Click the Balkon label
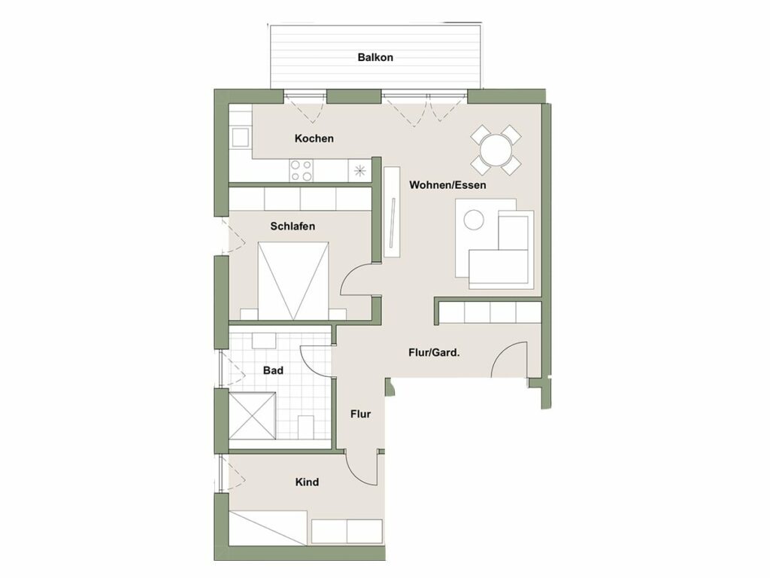375,57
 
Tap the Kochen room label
314,138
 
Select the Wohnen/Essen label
447,184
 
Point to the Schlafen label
293,226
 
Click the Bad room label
273,370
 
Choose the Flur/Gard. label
434,351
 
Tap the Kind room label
308,482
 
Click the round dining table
496,150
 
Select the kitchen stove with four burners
302,171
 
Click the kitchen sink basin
240,137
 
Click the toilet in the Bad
306,427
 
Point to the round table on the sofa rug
474,220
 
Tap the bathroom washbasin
264,339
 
